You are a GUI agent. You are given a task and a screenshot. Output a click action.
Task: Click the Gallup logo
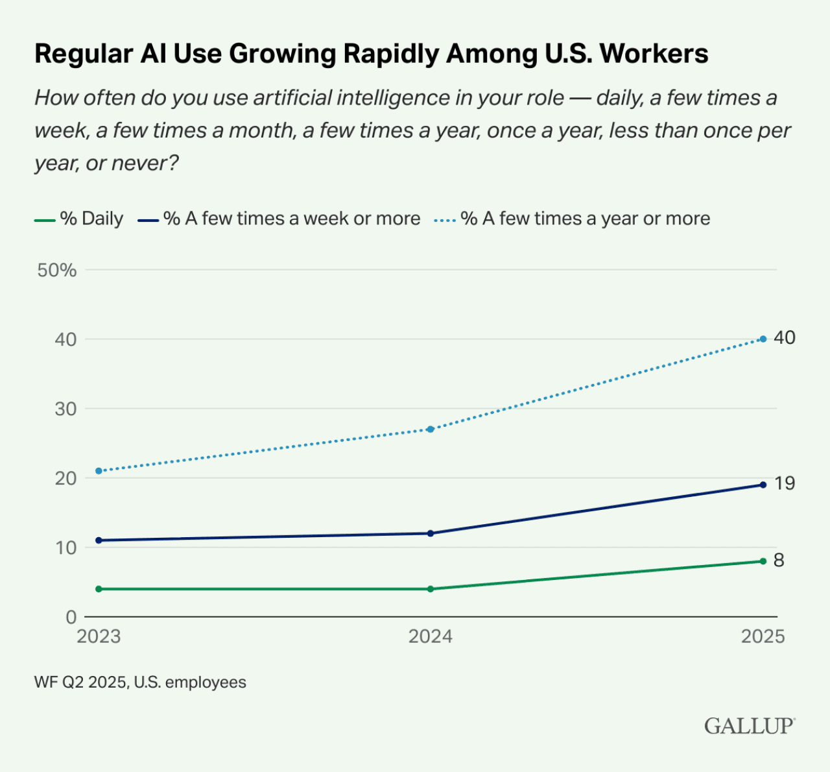click(x=750, y=725)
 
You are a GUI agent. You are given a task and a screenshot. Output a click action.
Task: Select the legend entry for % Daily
click(x=79, y=219)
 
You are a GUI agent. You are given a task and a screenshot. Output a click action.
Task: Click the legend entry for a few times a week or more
click(x=279, y=219)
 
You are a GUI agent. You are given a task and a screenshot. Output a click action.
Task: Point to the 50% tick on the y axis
click(x=57, y=271)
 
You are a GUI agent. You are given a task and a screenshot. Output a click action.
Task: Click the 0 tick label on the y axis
click(x=71, y=617)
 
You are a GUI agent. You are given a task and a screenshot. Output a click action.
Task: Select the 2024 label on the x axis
click(x=430, y=636)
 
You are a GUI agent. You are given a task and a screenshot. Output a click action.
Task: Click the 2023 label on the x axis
click(x=99, y=636)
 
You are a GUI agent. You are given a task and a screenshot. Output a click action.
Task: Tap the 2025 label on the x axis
click(x=763, y=636)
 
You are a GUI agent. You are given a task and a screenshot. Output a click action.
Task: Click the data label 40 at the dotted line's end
click(x=784, y=338)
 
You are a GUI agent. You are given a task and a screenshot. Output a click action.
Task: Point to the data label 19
click(x=784, y=484)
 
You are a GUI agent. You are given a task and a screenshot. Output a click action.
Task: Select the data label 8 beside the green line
click(x=779, y=561)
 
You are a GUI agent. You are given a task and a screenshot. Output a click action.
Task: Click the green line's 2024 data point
click(x=431, y=589)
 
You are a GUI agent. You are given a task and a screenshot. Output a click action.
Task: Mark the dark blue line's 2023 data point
click(x=99, y=540)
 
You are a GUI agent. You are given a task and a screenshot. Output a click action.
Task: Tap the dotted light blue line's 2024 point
click(x=431, y=429)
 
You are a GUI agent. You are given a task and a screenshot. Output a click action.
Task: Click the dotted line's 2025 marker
click(x=763, y=339)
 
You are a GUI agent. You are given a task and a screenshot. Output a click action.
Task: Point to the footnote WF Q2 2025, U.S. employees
click(x=140, y=682)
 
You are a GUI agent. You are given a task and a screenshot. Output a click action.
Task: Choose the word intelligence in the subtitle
click(x=407, y=98)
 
